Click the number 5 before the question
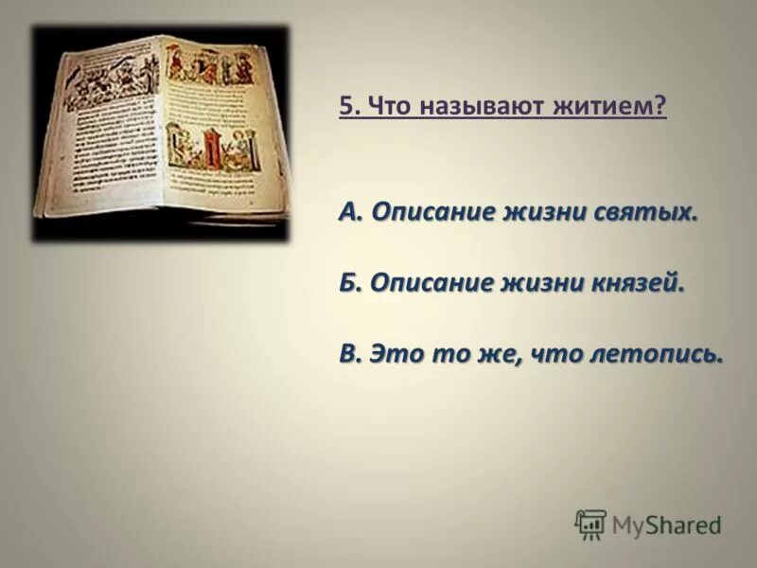click(x=345, y=107)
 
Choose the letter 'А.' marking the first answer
click(x=350, y=212)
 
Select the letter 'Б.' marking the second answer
click(x=350, y=282)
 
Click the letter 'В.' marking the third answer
click(x=350, y=353)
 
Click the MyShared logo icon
click(x=590, y=524)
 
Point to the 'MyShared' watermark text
click(x=666, y=524)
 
